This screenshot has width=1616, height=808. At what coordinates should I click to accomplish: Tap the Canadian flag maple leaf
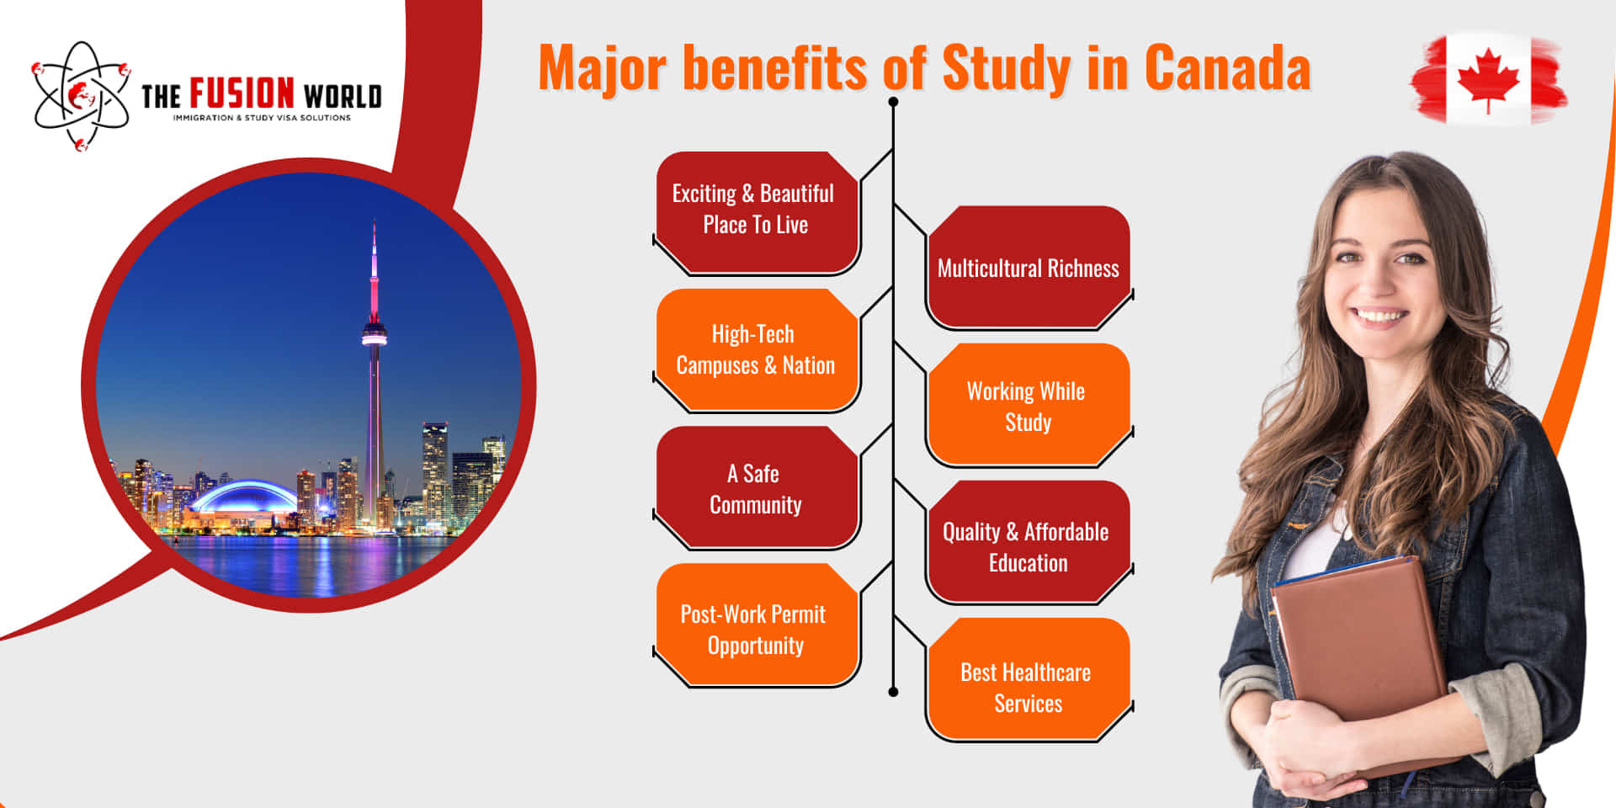click(1488, 77)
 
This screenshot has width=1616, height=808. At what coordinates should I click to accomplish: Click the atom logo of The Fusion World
click(81, 96)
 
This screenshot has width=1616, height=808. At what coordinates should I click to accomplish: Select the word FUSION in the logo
click(242, 94)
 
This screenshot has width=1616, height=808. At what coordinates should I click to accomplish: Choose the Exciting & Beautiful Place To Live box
click(755, 210)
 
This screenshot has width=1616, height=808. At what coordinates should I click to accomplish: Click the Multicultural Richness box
click(1028, 268)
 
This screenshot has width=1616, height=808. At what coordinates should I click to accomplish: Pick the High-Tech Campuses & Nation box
click(755, 349)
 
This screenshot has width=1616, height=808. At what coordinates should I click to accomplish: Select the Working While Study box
click(1028, 406)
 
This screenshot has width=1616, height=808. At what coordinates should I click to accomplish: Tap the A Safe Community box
click(755, 488)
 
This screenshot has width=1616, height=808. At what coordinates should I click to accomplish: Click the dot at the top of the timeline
click(893, 102)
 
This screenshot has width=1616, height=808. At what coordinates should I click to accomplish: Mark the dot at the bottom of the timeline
click(893, 692)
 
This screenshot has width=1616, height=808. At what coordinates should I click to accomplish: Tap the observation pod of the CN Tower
click(375, 334)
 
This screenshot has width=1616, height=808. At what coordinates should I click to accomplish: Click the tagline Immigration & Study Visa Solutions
click(262, 118)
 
